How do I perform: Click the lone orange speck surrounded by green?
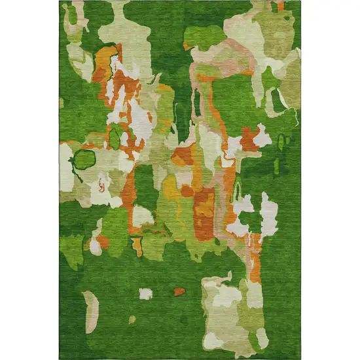[179, 291]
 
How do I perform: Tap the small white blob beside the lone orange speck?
[145, 294]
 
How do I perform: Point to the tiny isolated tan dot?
[132, 319]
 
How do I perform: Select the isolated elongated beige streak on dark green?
[91, 312]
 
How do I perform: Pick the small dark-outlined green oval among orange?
[115, 138]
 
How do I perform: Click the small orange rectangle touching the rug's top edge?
[281, 6]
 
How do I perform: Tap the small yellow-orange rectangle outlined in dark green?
[137, 245]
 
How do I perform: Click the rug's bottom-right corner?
[300, 358]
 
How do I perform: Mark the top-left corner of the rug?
[60, 2]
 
